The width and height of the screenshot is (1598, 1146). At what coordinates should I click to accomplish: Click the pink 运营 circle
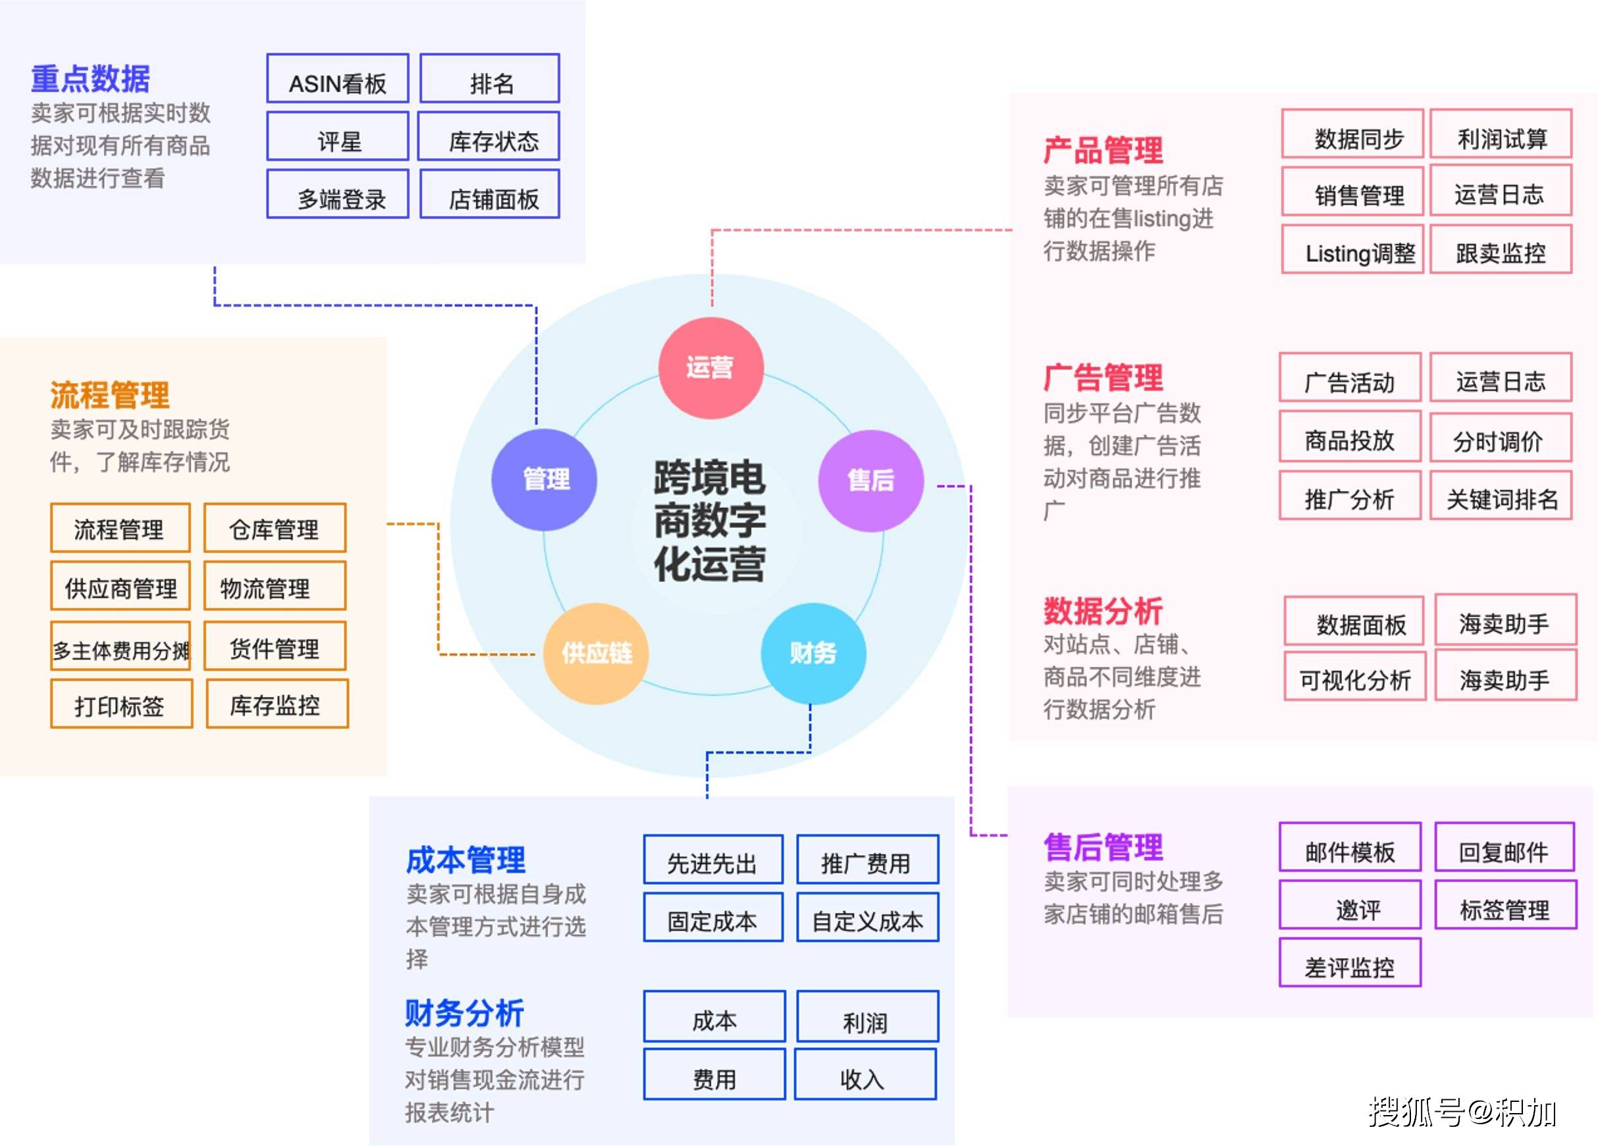(710, 368)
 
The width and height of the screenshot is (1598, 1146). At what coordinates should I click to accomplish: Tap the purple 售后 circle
(870, 481)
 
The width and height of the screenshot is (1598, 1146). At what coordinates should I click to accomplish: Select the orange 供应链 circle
(596, 654)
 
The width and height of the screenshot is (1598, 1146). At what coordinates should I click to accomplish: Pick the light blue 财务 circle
(813, 654)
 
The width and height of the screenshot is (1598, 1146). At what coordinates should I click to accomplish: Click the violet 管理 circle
(544, 480)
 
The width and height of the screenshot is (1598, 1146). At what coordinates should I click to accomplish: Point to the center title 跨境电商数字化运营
(710, 521)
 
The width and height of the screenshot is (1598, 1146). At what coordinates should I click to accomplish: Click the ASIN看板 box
(338, 79)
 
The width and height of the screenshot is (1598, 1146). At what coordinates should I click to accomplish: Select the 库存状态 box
(489, 137)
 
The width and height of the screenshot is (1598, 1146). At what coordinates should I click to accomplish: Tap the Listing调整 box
(1352, 249)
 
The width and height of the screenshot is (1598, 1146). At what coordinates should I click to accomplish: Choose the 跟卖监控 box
(1501, 249)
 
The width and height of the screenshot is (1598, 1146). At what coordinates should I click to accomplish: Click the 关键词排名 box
(1501, 495)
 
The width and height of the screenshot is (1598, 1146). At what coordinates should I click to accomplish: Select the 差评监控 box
(1349, 962)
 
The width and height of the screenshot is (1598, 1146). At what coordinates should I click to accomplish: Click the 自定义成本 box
(867, 917)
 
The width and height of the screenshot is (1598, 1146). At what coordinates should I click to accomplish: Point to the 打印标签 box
(121, 704)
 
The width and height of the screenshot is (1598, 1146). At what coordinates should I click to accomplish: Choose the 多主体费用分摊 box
(120, 646)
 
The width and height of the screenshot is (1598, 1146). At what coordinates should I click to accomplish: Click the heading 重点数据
(90, 79)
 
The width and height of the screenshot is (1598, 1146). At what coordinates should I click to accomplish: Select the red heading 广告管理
(1103, 378)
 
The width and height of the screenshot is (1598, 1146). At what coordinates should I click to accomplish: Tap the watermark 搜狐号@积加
(1461, 1112)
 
